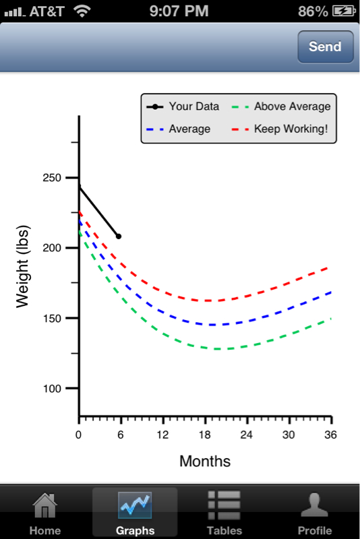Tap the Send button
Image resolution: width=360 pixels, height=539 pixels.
[x=325, y=46]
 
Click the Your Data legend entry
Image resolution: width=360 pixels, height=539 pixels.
[x=183, y=106]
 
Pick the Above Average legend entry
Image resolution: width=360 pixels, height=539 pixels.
[x=281, y=106]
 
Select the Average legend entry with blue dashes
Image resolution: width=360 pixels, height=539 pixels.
[x=178, y=129]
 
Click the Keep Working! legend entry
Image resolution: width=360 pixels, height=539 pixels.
[x=280, y=129]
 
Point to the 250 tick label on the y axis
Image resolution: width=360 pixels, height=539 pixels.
[x=52, y=178]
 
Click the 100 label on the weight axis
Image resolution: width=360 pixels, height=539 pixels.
[x=52, y=389]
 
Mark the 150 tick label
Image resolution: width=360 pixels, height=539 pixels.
[x=52, y=318]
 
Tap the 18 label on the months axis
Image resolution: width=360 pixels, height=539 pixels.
[x=204, y=435]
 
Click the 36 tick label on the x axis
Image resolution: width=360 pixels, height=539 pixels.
[x=330, y=435]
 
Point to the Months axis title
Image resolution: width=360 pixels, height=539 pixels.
[x=205, y=462]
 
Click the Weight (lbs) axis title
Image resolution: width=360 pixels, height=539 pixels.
[x=23, y=266]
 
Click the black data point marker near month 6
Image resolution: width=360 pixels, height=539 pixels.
[x=119, y=236]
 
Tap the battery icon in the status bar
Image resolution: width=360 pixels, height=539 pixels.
[x=344, y=11]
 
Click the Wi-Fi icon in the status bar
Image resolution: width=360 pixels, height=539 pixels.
[x=82, y=11]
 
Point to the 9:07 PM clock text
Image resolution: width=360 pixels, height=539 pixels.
[x=179, y=11]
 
